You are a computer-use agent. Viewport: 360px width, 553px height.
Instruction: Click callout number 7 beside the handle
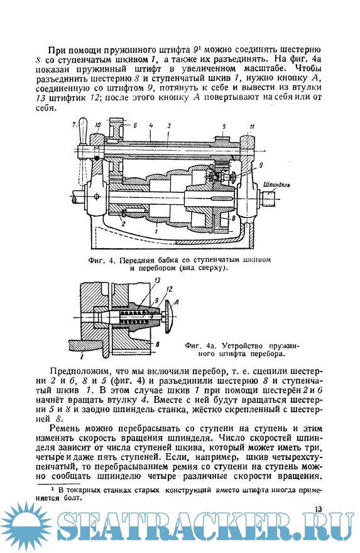point(74,124)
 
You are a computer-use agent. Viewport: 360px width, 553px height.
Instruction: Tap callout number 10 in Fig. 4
point(97,124)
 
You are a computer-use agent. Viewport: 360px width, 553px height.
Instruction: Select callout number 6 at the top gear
point(134,125)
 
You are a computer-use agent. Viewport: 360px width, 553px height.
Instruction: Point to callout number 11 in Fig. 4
point(252,126)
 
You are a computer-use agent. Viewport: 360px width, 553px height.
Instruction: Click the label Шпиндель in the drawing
point(277,185)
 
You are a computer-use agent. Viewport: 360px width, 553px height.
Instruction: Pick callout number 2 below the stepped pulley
point(123,223)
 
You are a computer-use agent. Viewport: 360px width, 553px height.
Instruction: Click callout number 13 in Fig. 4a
point(157,280)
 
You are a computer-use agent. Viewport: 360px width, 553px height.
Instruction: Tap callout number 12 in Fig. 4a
point(169,289)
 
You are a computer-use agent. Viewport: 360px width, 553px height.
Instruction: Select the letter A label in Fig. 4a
point(177,302)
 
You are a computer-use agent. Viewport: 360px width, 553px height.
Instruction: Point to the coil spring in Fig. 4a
point(134,315)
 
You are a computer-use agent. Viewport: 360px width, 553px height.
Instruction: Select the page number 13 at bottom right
point(318,509)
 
